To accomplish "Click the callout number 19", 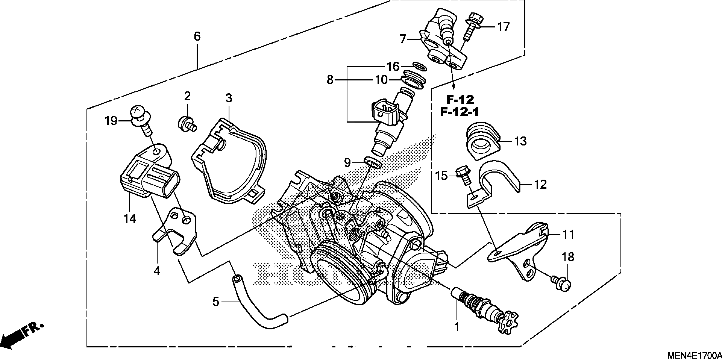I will [x=111, y=121].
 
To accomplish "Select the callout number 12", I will [x=540, y=184].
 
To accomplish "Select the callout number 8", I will [x=330, y=80].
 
